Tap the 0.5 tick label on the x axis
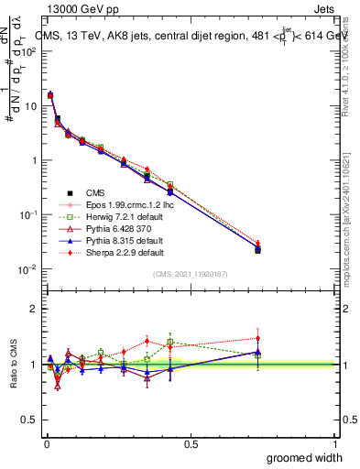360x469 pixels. pyautogui.click(x=191, y=443)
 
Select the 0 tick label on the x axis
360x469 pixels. pyautogui.click(x=46, y=443)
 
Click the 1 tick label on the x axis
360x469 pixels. pyautogui.click(x=335, y=443)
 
